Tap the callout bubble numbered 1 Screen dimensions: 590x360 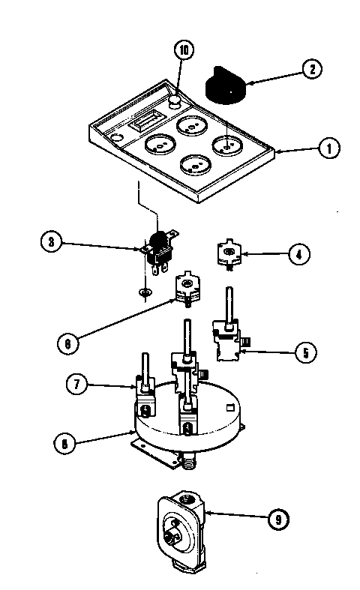pyautogui.click(x=327, y=148)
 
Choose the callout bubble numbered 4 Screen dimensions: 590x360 pyautogui.click(x=298, y=254)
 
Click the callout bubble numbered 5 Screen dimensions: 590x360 pyautogui.click(x=304, y=351)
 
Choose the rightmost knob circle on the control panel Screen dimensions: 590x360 pyautogui.click(x=226, y=144)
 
